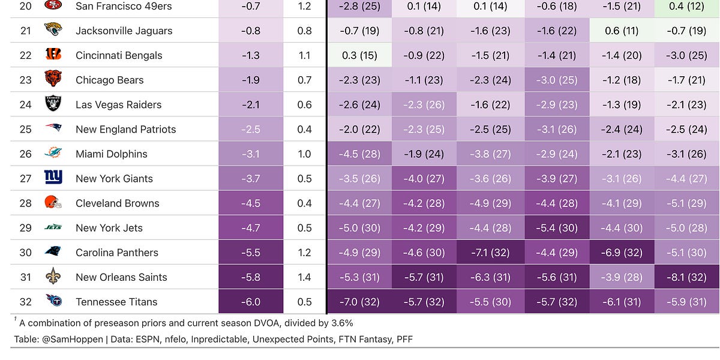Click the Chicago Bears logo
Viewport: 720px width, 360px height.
pyautogui.click(x=53, y=80)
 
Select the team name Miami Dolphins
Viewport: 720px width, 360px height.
pyautogui.click(x=111, y=154)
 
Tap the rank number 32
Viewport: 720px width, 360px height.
pyautogui.click(x=26, y=302)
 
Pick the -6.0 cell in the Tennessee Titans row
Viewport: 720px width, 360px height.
pyautogui.click(x=250, y=302)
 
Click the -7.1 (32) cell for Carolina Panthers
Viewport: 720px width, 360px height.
pyautogui.click(x=490, y=253)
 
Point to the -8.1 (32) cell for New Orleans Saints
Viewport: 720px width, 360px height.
pyautogui.click(x=687, y=277)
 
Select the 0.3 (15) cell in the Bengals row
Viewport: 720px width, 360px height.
pyautogui.click(x=359, y=55)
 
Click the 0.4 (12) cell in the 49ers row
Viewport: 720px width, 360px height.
pyautogui.click(x=687, y=7)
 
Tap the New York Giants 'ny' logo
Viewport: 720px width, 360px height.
pyautogui.click(x=53, y=178)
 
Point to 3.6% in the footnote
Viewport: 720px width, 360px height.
pyautogui.click(x=339, y=323)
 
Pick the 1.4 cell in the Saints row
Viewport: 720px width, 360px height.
pyautogui.click(x=304, y=277)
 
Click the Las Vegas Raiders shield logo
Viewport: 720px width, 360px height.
pyautogui.click(x=53, y=104)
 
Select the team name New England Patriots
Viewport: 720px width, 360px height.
pyautogui.click(x=125, y=129)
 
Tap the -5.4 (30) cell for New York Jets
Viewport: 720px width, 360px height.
pyautogui.click(x=556, y=228)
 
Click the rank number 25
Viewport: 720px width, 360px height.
pyautogui.click(x=26, y=129)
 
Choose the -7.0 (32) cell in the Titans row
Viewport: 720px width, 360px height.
pyautogui.click(x=359, y=302)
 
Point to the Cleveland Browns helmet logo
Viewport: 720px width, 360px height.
pyautogui.click(x=53, y=203)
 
